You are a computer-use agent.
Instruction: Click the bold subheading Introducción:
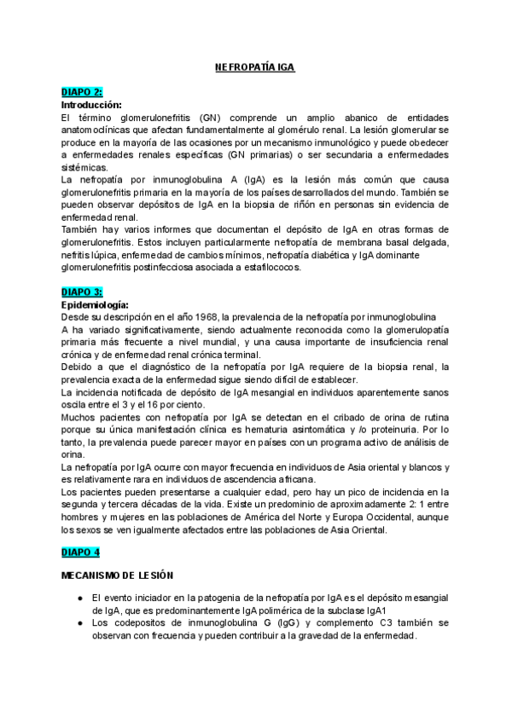(x=92, y=104)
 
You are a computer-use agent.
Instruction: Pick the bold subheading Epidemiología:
(x=95, y=304)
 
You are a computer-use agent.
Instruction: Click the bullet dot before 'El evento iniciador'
(x=79, y=599)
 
